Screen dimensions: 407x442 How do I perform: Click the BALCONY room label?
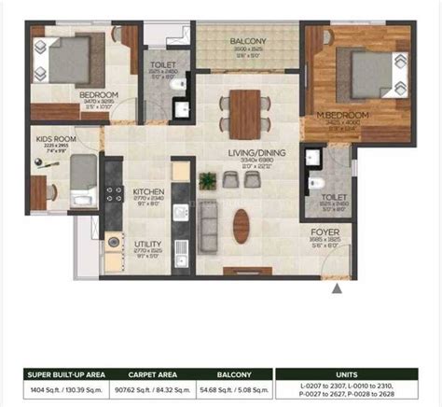tap(249, 41)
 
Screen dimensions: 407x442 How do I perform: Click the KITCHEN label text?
tap(148, 190)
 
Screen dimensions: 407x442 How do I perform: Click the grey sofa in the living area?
tap(210, 218)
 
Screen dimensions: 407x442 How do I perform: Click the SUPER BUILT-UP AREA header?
tap(65, 374)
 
